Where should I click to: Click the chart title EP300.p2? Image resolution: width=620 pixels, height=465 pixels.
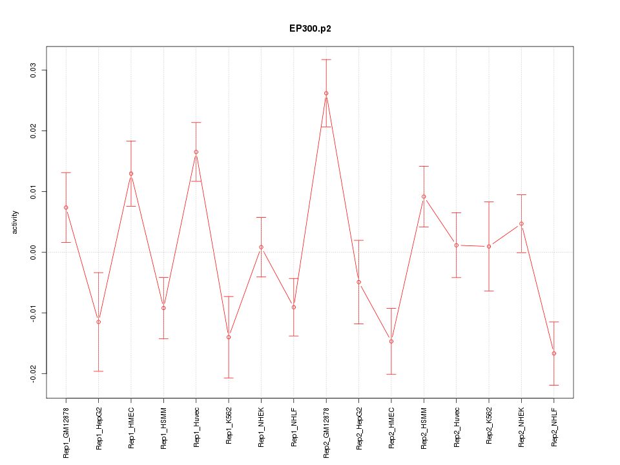click(310, 29)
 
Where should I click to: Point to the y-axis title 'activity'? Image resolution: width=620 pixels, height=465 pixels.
click(15, 222)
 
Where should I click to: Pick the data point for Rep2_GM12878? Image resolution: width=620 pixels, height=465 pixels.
click(326, 93)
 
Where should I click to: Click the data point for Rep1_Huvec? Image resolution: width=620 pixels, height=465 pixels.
click(196, 152)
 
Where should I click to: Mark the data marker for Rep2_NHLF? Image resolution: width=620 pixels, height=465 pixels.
click(554, 353)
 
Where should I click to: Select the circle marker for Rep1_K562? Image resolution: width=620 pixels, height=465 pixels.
click(229, 337)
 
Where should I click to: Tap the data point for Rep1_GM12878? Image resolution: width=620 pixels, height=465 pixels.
click(66, 207)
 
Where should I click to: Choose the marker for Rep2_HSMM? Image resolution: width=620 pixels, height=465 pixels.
click(424, 196)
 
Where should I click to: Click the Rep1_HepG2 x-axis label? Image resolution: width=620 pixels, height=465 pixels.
click(99, 428)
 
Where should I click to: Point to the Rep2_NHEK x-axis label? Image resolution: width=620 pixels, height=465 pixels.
click(522, 428)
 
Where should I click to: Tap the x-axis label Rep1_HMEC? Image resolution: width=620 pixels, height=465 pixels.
click(131, 428)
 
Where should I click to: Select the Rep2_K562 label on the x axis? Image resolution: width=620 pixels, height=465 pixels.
click(489, 428)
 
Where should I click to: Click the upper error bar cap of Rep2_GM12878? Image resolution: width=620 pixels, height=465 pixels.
click(326, 59)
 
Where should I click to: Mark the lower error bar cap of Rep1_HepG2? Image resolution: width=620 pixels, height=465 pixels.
click(99, 371)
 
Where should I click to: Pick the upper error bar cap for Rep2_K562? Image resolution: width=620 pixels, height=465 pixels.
click(489, 202)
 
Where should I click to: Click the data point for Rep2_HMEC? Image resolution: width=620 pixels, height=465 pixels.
click(391, 341)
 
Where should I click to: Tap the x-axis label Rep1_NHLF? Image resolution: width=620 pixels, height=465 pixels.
click(294, 428)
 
